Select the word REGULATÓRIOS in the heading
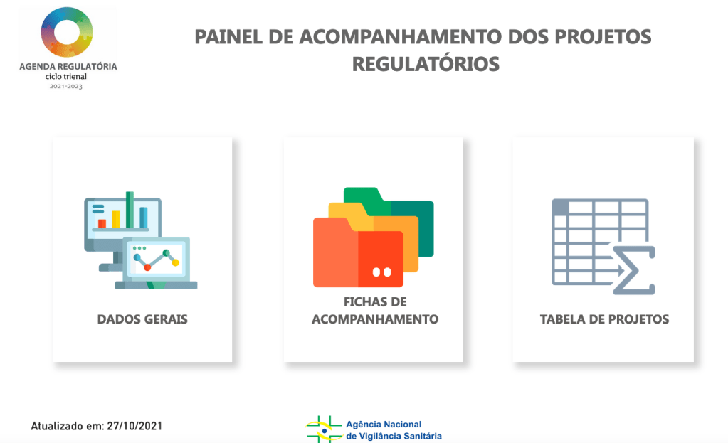[x=426, y=64]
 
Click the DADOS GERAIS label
[x=142, y=319]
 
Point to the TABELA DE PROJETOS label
[x=604, y=319]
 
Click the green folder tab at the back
[x=362, y=195]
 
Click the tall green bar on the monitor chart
[x=130, y=210]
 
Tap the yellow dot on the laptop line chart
[x=176, y=262]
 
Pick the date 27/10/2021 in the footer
[x=134, y=426]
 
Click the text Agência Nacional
[x=384, y=424]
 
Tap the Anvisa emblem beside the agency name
[x=324, y=429]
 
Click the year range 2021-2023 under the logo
[x=66, y=86]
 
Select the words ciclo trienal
[x=66, y=77]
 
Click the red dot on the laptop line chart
[x=147, y=267]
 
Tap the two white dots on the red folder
[x=381, y=272]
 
